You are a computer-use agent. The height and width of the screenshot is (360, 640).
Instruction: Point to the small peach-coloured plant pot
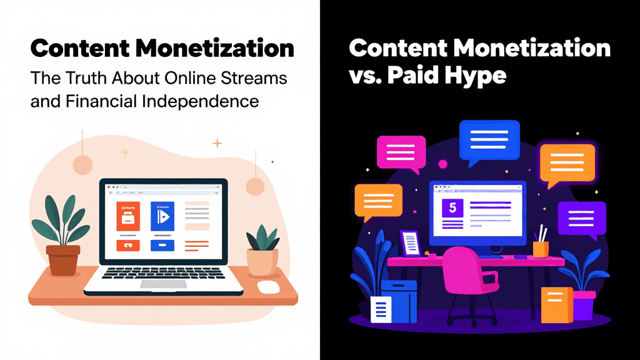coord(262,261)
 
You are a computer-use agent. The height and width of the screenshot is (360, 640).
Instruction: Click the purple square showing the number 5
coord(451,208)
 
